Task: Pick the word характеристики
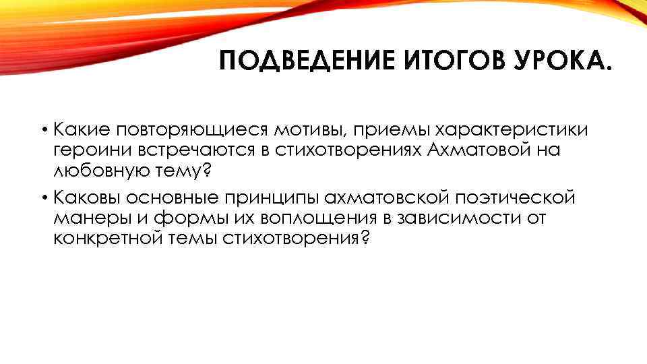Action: click(x=511, y=130)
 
